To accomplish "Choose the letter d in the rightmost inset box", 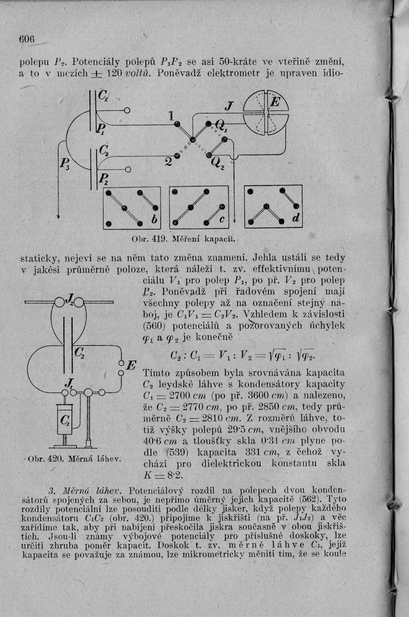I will [x=295, y=221].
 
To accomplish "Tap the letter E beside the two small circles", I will [x=131, y=364].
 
